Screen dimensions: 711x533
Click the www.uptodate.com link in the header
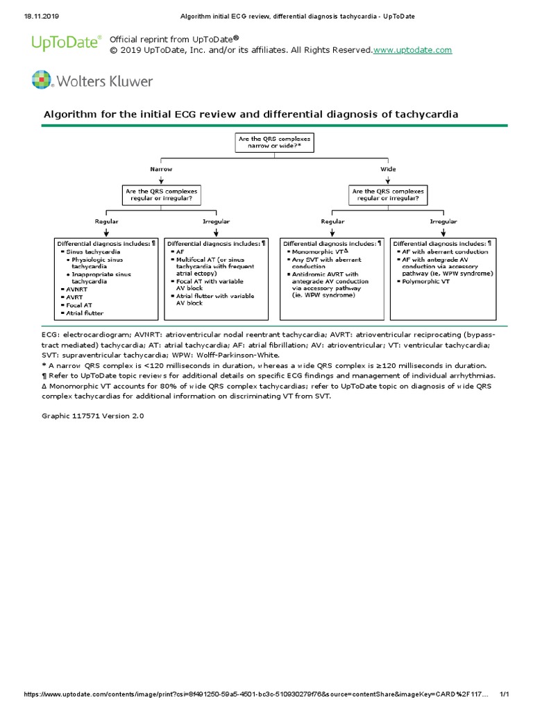pos(413,50)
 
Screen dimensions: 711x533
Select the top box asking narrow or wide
pos(275,143)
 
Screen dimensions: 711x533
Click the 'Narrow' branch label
pos(161,169)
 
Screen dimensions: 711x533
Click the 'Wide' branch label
pos(388,169)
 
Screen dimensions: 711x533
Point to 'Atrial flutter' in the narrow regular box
pos(85,313)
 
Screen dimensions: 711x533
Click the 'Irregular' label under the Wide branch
pos(443,221)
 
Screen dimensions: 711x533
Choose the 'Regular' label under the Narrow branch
pos(106,221)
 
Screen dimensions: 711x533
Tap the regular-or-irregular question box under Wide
pos(388,194)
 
